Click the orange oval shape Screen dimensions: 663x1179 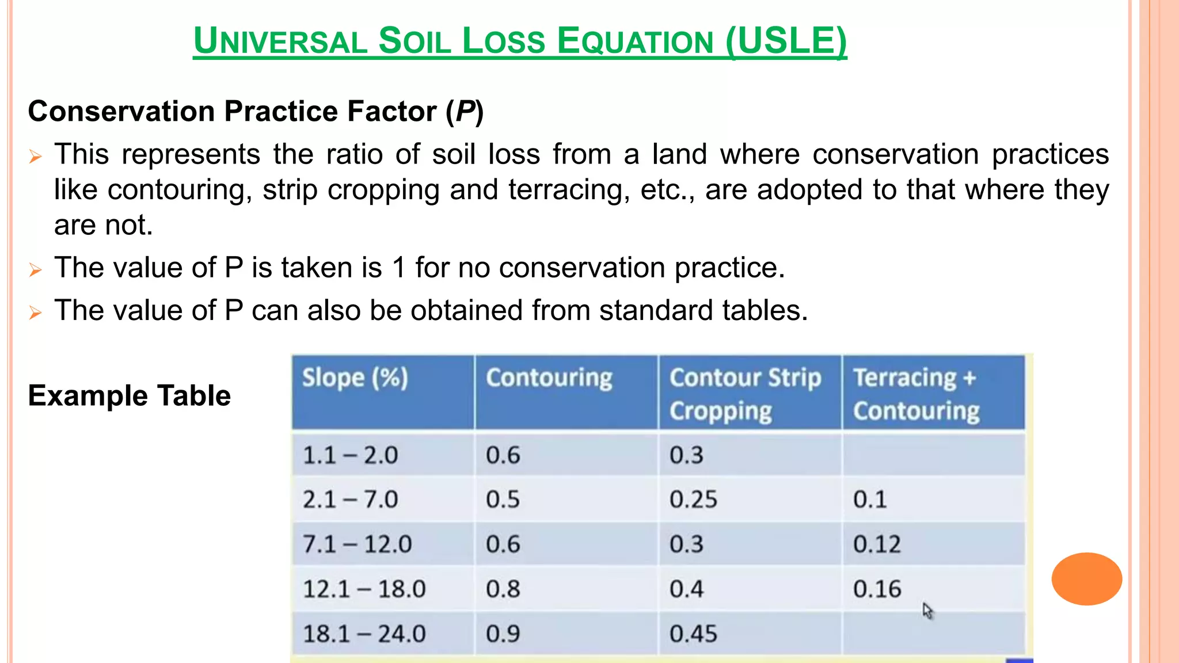point(1086,578)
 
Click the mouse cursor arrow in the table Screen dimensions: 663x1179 point(927,611)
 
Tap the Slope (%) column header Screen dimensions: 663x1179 point(355,378)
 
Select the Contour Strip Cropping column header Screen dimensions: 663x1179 point(745,394)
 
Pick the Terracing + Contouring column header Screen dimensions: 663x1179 point(916,394)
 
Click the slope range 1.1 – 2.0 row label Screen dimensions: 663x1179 point(350,455)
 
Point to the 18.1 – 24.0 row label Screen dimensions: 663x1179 point(364,634)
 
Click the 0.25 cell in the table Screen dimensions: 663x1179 point(693,499)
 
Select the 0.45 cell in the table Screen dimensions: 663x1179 point(693,634)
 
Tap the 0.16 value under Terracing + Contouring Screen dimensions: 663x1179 point(877,589)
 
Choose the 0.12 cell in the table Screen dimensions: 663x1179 point(877,544)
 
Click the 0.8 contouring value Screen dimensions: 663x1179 point(503,589)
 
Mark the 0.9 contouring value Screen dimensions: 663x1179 point(503,634)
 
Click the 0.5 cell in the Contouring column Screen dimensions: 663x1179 point(503,499)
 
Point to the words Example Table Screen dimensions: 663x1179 point(130,396)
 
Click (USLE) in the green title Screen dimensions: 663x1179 point(786,41)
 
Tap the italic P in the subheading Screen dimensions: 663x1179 point(465,111)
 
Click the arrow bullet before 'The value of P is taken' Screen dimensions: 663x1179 point(36,269)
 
